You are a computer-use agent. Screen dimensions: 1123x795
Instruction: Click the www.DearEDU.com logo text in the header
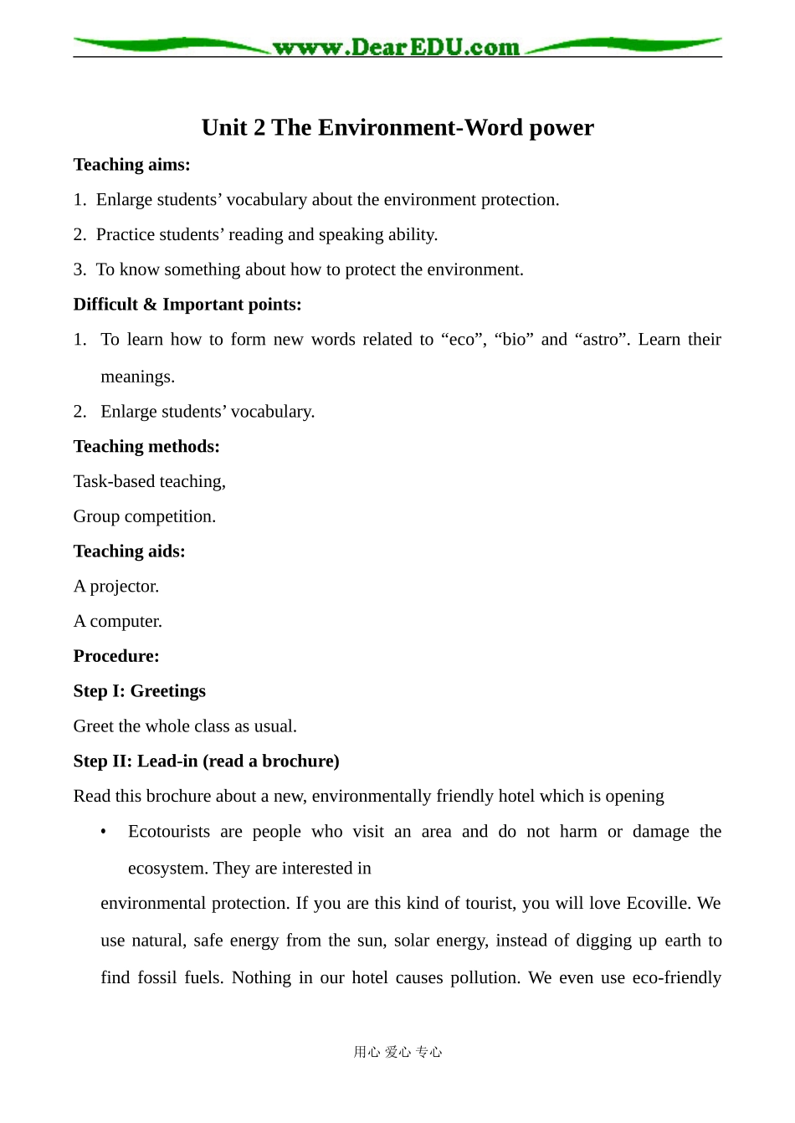coord(396,48)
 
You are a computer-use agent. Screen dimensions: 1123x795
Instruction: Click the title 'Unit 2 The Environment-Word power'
coord(397,127)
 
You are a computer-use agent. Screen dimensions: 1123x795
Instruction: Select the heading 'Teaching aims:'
coord(131,165)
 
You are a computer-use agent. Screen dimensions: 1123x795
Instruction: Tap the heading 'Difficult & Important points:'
coord(187,305)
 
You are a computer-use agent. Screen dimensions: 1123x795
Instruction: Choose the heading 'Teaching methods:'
coord(146,447)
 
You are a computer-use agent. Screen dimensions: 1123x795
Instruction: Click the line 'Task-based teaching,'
coord(150,482)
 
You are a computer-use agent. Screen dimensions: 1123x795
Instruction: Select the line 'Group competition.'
coord(145,516)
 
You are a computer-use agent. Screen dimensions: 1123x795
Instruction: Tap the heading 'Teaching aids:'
coord(129,551)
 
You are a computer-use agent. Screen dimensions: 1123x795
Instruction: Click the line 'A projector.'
coord(116,587)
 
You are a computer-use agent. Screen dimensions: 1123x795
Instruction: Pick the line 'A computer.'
coord(118,622)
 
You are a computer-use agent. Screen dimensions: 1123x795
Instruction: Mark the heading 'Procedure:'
coord(116,657)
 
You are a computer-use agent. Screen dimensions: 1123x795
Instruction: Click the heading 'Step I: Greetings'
coord(139,691)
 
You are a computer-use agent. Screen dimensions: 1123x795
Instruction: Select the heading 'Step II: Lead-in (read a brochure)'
coord(206,761)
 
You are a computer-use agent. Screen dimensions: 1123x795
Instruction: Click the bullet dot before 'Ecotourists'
coord(104,832)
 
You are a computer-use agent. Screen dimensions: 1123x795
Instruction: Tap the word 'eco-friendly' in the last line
coord(676,978)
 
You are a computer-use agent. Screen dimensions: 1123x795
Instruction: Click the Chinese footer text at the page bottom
coord(397,1052)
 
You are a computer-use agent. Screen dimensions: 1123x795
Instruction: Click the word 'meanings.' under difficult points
coord(138,377)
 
